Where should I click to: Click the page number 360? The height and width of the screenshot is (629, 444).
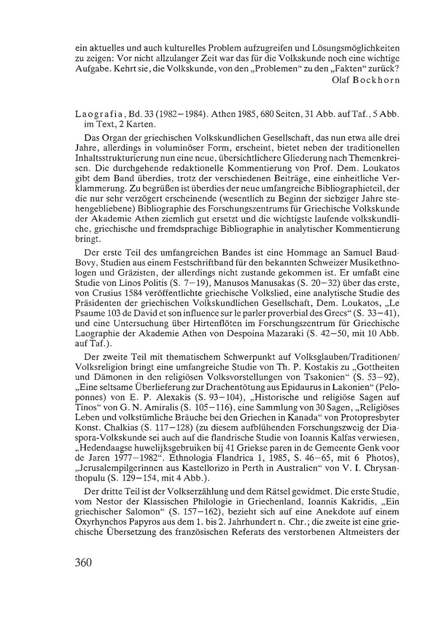83,562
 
